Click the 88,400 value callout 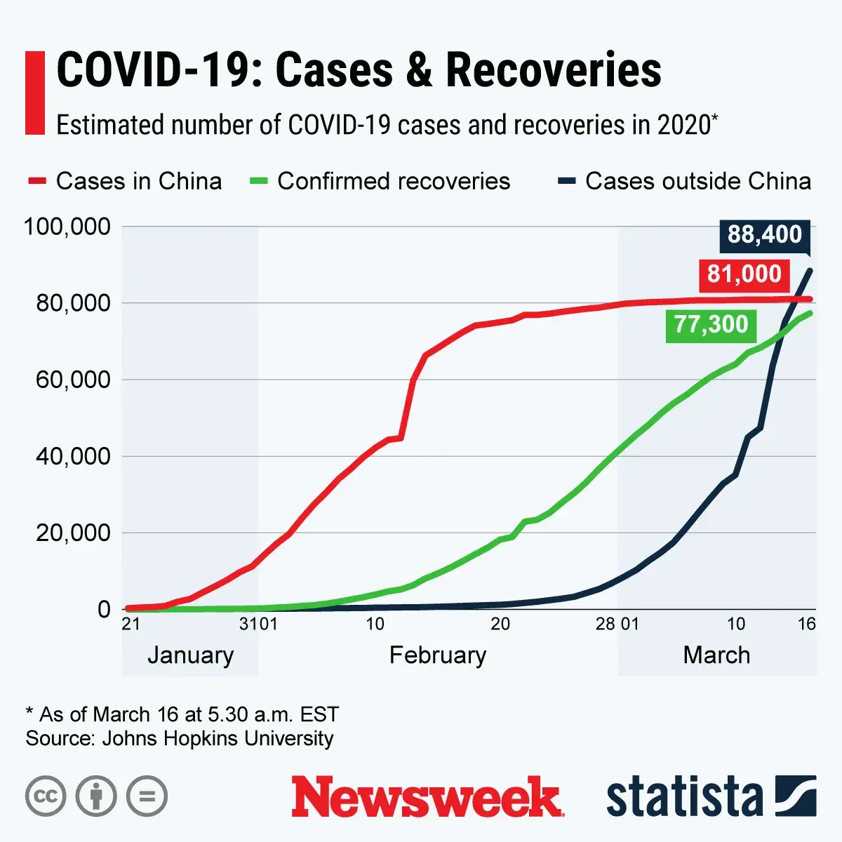point(764,234)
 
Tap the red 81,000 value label point(744,274)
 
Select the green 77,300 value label point(711,324)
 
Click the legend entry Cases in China point(125,181)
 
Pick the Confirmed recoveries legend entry point(380,181)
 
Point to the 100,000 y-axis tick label point(67,227)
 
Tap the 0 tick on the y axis point(104,609)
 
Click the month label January point(190,655)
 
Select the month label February point(437,655)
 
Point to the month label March point(716,655)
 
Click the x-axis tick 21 point(131,624)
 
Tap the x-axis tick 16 point(807,624)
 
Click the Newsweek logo point(427,797)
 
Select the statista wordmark point(684,797)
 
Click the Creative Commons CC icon point(46,796)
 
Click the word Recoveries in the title point(553,70)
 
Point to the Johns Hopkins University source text point(218,738)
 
